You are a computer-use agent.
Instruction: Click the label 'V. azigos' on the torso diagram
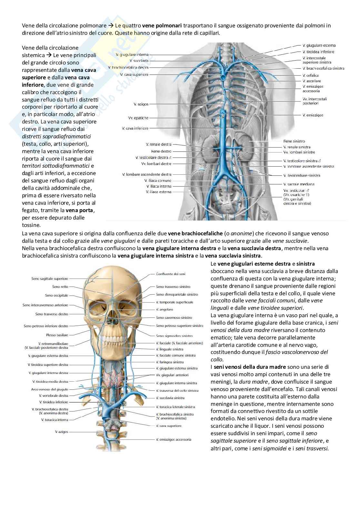point(141,104)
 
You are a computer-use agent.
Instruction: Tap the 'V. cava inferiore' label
point(135,128)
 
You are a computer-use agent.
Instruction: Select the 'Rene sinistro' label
point(294,141)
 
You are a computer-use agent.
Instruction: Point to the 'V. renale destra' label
point(159,144)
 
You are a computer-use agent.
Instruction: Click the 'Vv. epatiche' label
point(138,118)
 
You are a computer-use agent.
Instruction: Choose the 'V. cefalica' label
point(311,75)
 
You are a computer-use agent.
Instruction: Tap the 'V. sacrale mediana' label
point(299,184)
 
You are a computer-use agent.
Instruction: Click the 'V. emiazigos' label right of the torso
point(313,115)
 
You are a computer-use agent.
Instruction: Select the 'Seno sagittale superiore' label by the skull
point(50,279)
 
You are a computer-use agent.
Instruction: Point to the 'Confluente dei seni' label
point(171,274)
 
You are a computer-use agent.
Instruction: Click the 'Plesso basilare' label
point(57,335)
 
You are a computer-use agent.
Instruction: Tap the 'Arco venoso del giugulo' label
point(50,389)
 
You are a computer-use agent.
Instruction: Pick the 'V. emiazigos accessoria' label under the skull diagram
point(174,439)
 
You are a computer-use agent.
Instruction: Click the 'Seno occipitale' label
point(57,295)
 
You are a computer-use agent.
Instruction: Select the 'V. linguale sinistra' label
point(170,349)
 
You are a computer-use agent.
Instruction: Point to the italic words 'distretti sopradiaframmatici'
point(56,136)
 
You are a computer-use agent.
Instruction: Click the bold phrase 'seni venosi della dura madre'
point(250,367)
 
